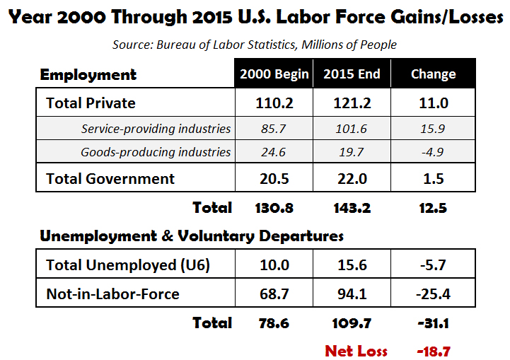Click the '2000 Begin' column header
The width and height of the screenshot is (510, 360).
[x=274, y=74]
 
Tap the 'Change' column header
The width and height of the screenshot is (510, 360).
[x=434, y=74]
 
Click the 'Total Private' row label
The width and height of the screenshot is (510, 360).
[x=91, y=103]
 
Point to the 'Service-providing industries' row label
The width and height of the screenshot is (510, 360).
[x=156, y=129]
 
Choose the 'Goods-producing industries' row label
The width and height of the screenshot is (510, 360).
[x=156, y=151]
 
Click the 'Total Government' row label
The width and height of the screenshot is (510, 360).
[x=110, y=179]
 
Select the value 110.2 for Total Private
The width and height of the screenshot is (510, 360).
[x=274, y=103]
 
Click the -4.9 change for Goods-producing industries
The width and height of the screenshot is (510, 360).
[x=434, y=151]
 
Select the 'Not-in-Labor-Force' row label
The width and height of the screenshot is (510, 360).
[x=112, y=293]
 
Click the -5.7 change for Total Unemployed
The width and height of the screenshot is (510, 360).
[x=434, y=265]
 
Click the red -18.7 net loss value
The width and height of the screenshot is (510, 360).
[x=434, y=350]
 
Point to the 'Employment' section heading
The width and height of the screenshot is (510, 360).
[x=88, y=74]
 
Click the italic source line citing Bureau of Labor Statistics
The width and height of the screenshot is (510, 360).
[x=255, y=45]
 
